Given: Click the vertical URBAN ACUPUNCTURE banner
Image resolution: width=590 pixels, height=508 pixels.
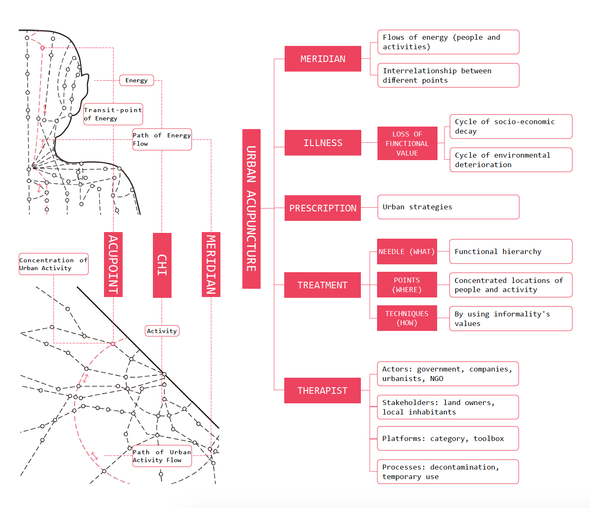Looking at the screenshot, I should coord(251,209).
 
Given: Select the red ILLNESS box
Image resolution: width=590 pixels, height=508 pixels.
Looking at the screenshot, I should coord(323,143).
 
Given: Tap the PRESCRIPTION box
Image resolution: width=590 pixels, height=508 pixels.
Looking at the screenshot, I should coord(323,208).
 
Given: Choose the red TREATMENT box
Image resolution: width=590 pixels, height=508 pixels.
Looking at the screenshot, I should coord(322,285).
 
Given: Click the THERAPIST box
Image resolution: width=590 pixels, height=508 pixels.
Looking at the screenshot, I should coord(322,391).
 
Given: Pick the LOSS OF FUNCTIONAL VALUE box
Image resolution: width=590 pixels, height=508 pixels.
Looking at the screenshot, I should coord(407,143).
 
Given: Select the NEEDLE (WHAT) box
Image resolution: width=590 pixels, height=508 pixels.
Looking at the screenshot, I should coord(407,252).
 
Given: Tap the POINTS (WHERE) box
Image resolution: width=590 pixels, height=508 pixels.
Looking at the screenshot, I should coord(407,285).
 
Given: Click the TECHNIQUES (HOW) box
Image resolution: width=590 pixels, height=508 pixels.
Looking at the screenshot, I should coord(407,318).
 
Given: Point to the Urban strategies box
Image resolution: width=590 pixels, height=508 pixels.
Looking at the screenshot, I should coord(448,207).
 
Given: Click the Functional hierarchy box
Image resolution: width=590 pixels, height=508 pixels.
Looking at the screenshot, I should coord(510,252).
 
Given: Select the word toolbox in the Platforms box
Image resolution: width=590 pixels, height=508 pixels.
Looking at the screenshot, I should coord(489,439).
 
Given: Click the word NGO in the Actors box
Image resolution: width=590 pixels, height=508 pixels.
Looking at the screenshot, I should coord(437,379).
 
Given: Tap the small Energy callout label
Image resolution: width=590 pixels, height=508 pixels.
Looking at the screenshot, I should coord(136,80).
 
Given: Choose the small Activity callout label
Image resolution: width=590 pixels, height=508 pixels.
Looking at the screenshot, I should coord(162,331).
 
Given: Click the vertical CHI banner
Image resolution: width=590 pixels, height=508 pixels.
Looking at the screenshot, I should coord(162,265).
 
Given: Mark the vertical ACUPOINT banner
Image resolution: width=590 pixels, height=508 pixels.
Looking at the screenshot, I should coord(113,264).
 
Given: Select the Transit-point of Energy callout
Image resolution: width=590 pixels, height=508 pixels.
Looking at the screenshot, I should coord(113,114).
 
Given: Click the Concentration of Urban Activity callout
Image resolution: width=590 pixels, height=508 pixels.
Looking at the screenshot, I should coord(53,264).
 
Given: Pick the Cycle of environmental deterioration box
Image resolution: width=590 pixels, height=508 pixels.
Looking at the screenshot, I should coord(511,160).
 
